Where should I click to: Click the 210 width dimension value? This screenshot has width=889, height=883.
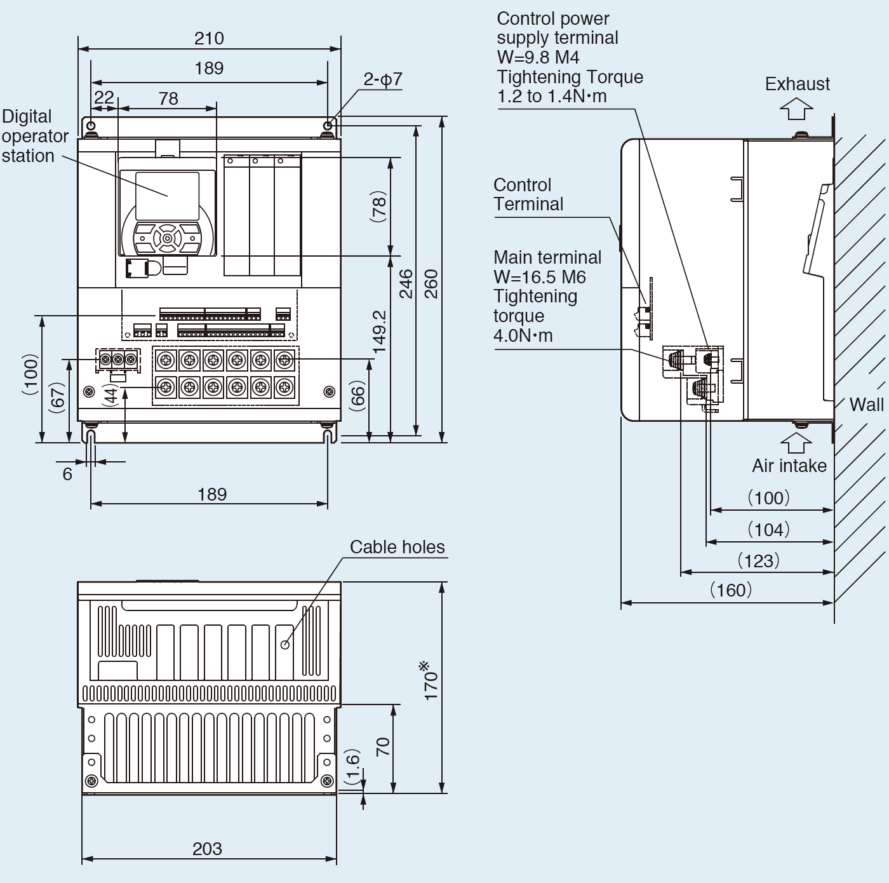coord(209,39)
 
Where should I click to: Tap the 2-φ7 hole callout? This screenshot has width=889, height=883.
coord(382,79)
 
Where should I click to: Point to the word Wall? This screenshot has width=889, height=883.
coord(866,405)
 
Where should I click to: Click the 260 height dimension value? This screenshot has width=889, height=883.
coord(431,284)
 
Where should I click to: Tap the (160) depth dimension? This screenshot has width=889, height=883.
coord(731,590)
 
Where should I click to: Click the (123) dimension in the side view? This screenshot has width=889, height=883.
coord(758,561)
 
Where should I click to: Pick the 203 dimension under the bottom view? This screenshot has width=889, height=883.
coord(207,849)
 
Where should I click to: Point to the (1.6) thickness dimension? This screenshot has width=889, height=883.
coord(353,766)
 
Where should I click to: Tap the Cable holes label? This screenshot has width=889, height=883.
coord(397,547)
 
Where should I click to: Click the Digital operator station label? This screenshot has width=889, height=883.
coord(34,136)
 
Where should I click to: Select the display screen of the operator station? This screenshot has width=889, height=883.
coord(167,196)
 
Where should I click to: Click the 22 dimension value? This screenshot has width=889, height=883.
coord(104,97)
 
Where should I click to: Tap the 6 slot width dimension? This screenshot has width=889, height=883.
coord(67,474)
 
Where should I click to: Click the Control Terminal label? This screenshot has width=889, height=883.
coord(528,194)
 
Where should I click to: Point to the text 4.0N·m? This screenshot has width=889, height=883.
coord(523,335)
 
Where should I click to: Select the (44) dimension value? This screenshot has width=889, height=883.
coord(111,395)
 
